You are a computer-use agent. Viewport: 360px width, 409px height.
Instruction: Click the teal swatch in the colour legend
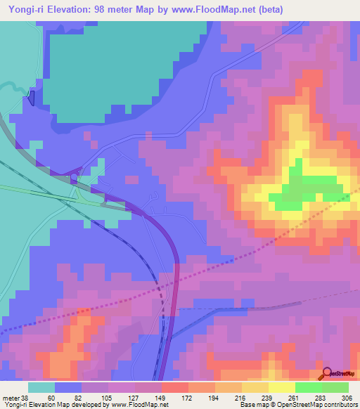(41, 387)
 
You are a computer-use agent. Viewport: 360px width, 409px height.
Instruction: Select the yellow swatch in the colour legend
(281, 387)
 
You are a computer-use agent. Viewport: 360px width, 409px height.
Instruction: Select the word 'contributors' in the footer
(336, 405)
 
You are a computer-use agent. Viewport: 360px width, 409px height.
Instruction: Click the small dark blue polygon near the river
(31, 98)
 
